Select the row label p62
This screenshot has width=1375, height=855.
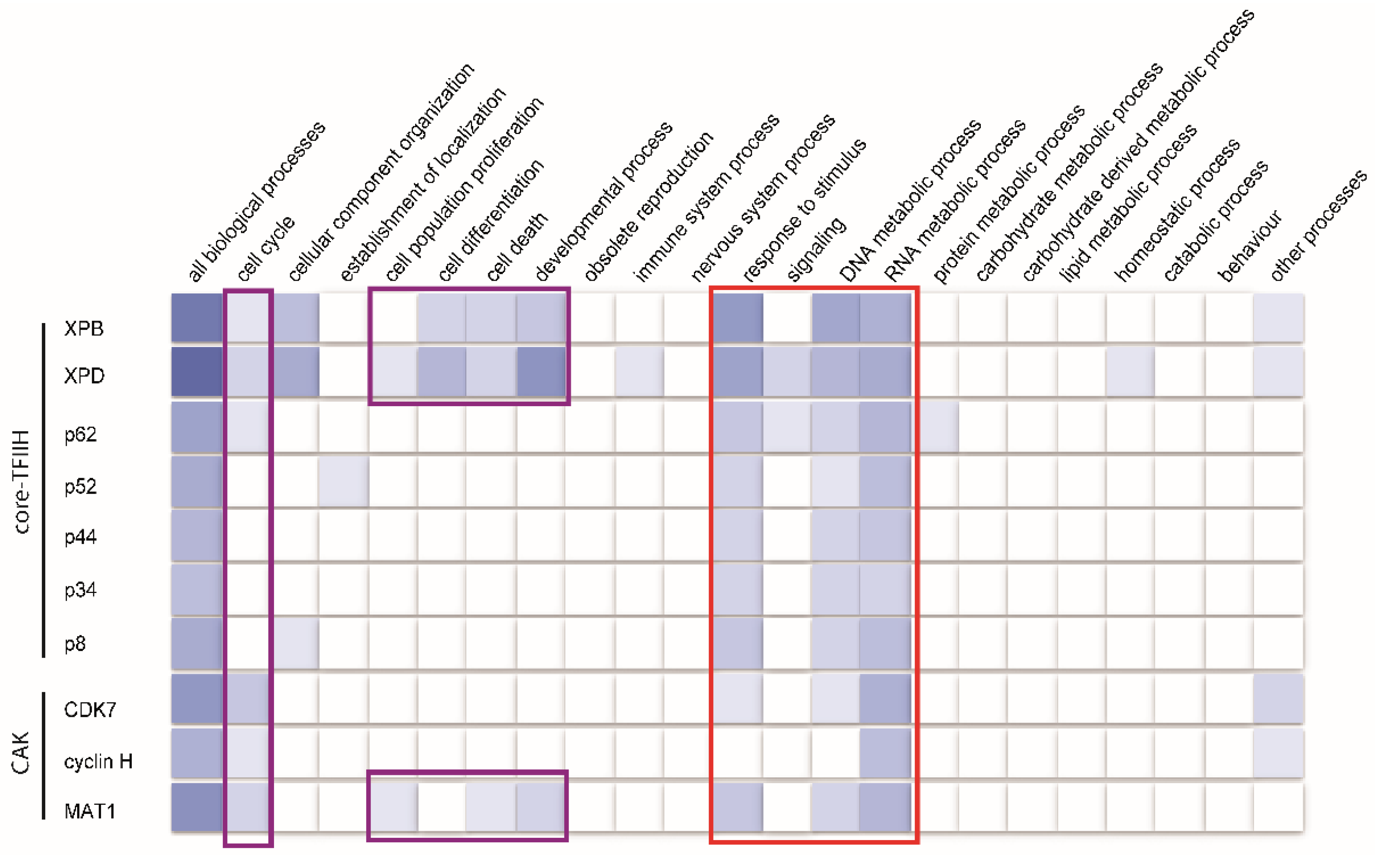[x=80, y=434]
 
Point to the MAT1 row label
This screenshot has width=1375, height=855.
[x=90, y=812]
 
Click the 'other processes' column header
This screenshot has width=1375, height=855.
[x=1318, y=226]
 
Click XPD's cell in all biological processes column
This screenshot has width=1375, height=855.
[x=197, y=371]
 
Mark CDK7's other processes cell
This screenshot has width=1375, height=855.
[x=1278, y=699]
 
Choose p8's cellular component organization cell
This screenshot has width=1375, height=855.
[x=295, y=643]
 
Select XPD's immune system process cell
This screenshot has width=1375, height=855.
[x=639, y=371]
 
